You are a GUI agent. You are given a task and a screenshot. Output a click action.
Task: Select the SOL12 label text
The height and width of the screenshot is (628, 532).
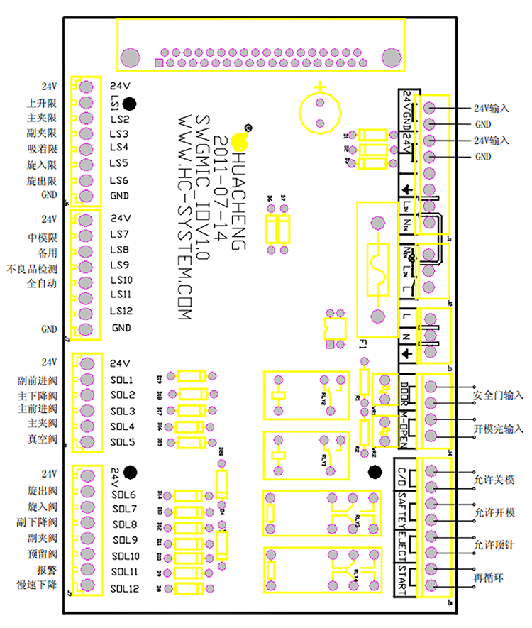coord(125,589)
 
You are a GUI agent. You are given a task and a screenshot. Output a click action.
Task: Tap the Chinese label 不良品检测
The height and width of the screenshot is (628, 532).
coord(32,269)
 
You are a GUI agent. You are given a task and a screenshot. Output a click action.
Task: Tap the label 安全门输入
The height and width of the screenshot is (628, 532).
coord(497,395)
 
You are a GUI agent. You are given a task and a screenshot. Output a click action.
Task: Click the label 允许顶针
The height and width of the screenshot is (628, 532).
coord(492,544)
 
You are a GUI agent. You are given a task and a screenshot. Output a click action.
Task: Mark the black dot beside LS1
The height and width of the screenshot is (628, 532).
coord(130,104)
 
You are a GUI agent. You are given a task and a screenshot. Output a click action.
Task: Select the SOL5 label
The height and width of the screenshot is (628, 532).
coord(123,442)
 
